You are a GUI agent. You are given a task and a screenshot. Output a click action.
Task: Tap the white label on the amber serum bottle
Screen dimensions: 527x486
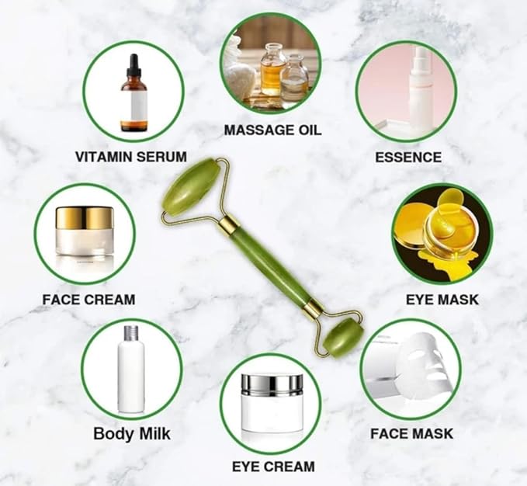pos(133,106)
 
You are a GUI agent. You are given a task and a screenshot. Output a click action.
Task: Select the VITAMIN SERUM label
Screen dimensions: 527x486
pos(130,157)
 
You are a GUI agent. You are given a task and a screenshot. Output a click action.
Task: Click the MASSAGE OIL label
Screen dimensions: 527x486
pos(272,130)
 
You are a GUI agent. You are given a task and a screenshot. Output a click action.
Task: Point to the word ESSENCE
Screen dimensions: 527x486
pos(408,158)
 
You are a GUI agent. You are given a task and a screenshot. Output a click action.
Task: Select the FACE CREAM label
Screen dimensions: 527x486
pos(88,299)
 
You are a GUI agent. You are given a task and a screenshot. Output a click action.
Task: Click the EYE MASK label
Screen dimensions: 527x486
pos(442,299)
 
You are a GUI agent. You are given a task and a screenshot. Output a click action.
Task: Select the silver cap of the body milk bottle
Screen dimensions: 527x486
pos(131,333)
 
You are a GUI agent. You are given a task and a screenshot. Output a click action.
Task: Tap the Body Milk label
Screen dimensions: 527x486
pos(132,433)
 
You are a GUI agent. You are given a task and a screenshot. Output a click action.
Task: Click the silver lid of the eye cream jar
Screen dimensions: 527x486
pos(272,385)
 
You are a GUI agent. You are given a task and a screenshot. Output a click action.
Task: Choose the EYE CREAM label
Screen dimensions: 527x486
pos(273,467)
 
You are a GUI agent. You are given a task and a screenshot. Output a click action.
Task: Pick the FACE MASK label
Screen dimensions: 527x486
pos(411,433)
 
